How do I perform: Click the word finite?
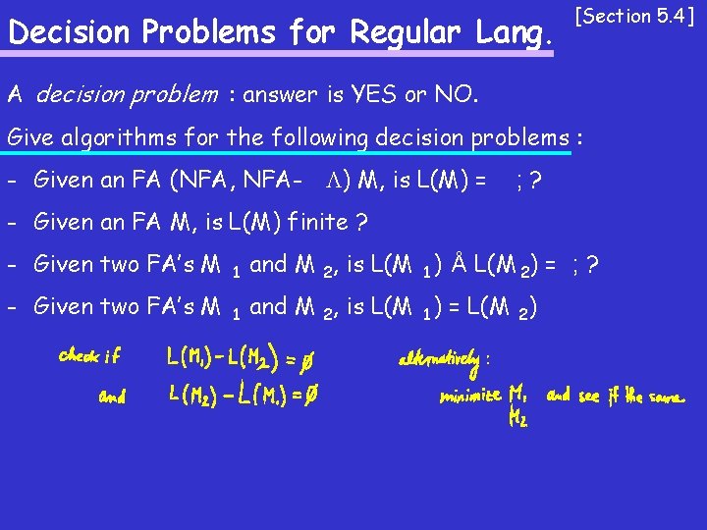[x=311, y=222]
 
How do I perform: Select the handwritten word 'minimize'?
[x=469, y=397]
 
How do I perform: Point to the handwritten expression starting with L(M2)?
[x=240, y=397]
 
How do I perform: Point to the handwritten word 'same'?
[x=664, y=397]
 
